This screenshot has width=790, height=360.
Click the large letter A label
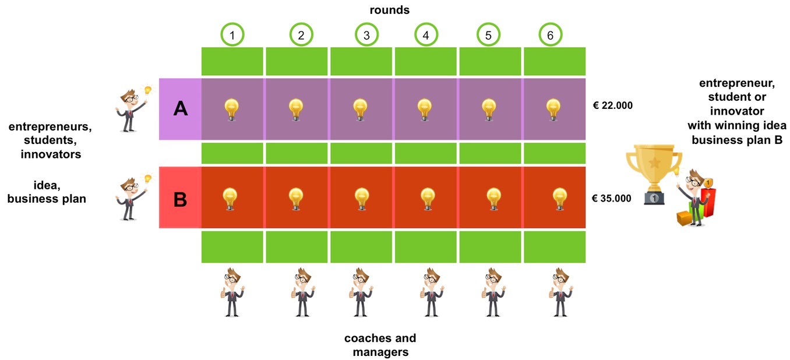180,108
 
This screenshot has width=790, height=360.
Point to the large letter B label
180,199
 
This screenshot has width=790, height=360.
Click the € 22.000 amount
613,105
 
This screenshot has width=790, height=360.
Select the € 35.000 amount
612,198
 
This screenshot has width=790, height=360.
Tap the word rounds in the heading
389,10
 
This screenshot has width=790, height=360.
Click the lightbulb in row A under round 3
360,110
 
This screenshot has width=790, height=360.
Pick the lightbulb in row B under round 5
493,199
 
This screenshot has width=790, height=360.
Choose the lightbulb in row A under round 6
553,110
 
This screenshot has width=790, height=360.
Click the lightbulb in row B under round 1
230,199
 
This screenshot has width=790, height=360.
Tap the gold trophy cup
654,174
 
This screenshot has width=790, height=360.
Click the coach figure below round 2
302,292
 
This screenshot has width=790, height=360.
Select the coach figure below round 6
561,292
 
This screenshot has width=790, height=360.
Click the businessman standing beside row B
132,197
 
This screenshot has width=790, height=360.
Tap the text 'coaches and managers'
380,345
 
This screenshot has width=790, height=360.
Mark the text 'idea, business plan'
47,192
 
